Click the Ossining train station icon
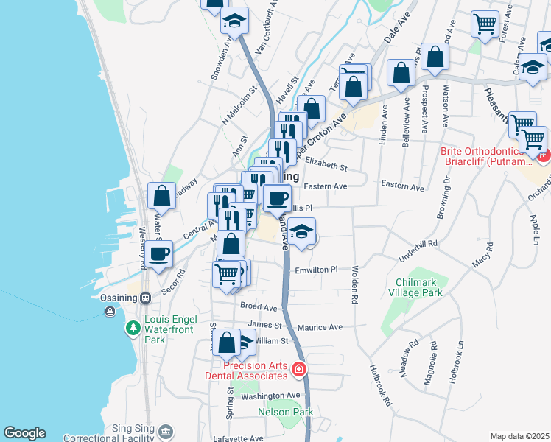click(x=146, y=298)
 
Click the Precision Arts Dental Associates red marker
click(x=298, y=369)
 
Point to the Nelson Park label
click(x=286, y=412)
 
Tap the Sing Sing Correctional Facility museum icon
click(x=166, y=431)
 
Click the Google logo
click(x=24, y=433)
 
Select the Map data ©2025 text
click(x=519, y=436)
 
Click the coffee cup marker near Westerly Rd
click(x=158, y=253)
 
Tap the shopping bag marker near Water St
click(x=161, y=196)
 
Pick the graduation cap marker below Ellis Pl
click(x=301, y=231)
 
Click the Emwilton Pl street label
click(x=315, y=270)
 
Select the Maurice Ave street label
click(x=320, y=326)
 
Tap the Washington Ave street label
click(x=272, y=396)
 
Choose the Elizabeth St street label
click(x=326, y=166)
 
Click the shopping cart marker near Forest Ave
click(x=485, y=24)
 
